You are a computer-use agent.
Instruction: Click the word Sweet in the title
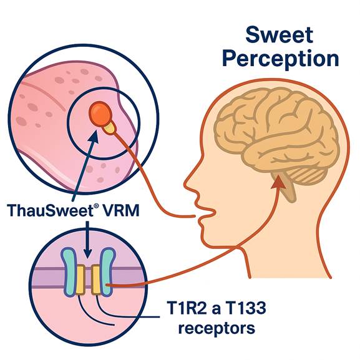(279, 35)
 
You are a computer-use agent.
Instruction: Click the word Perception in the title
(281, 59)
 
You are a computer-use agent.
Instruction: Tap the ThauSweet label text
(50, 210)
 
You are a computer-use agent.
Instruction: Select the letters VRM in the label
(120, 210)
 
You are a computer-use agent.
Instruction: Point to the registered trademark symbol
(96, 206)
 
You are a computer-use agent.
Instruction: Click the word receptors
(216, 328)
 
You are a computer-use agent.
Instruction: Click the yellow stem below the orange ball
(110, 128)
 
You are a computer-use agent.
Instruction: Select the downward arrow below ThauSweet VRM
(87, 240)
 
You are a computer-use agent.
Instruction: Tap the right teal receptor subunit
(107, 271)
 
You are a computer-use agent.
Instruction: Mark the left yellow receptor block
(80, 280)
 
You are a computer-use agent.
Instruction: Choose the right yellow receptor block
(96, 280)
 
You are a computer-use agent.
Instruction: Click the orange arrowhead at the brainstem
(278, 182)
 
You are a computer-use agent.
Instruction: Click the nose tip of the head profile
(186, 183)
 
